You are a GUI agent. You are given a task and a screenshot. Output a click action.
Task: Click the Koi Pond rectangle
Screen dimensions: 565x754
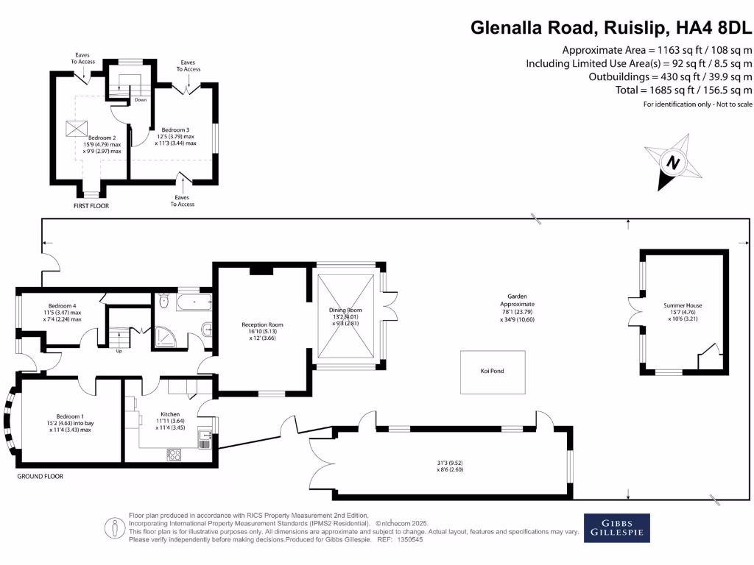point(493,372)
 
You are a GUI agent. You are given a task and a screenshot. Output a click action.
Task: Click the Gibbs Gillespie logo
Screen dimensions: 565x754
point(617,527)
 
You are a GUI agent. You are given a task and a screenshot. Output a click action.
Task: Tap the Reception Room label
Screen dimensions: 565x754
point(262,324)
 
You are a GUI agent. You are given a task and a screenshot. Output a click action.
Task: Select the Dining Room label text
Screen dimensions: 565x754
point(345,310)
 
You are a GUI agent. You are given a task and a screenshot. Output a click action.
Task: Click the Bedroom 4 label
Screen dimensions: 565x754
point(62,305)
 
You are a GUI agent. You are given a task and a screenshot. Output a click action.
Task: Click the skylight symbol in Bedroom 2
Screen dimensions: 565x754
point(77,128)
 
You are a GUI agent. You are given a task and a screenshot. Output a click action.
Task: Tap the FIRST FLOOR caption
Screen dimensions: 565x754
point(92,206)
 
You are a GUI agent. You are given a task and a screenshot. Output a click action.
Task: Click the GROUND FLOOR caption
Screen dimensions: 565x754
point(40,477)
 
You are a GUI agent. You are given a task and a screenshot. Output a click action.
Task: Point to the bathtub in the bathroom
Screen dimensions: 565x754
point(193,302)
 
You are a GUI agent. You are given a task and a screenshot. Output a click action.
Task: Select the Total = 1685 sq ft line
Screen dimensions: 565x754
point(683,90)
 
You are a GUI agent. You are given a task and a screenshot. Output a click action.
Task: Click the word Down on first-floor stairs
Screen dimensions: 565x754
point(119,99)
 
